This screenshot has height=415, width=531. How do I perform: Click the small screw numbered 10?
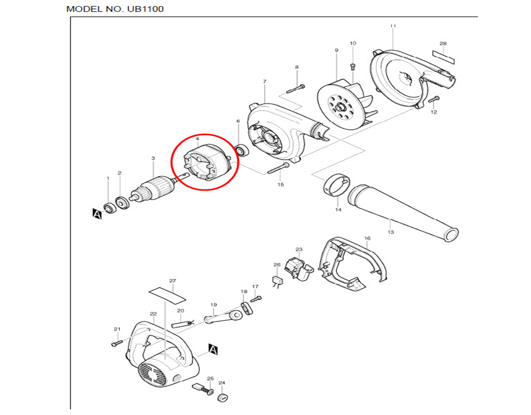point(353,66)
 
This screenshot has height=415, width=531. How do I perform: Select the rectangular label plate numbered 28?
point(444,56)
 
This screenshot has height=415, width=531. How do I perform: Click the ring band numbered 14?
point(336,185)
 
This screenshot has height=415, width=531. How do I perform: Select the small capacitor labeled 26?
point(276,281)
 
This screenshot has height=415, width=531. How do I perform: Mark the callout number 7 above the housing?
point(264,82)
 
